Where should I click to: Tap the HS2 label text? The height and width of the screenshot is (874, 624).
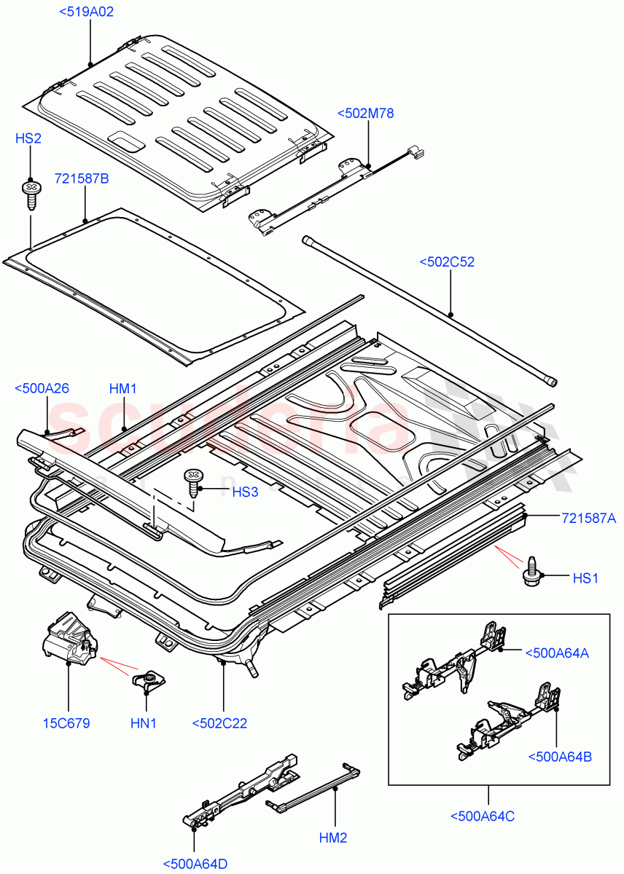(28, 138)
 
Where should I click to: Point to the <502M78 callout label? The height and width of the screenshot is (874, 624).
(365, 113)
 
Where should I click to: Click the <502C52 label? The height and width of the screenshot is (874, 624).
(447, 262)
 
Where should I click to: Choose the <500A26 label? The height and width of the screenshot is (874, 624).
(42, 388)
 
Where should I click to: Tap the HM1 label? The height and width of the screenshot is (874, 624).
(123, 388)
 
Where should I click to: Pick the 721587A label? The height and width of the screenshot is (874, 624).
(589, 518)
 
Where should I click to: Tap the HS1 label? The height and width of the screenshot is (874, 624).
(585, 578)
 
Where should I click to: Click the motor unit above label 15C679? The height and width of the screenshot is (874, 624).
(70, 640)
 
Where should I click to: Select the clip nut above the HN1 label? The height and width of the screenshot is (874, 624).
(149, 681)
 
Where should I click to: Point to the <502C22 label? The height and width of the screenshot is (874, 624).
(219, 723)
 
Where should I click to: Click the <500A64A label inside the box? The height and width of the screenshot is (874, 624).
(557, 653)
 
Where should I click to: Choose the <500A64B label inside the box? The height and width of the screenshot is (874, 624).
(560, 756)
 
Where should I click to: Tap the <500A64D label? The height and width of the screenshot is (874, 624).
(195, 865)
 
